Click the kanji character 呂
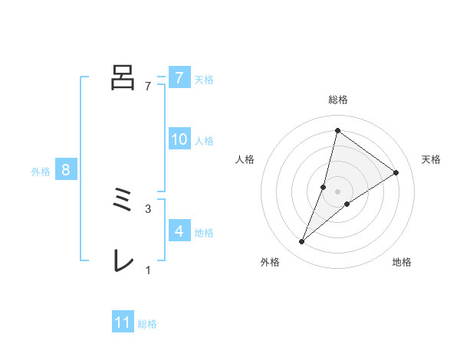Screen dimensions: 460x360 tap(123, 77)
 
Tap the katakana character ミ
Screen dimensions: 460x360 tap(123, 203)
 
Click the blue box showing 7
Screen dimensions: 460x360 tap(179, 77)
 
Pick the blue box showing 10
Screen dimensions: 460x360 tap(179, 139)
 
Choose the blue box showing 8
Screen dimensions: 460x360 tap(66, 170)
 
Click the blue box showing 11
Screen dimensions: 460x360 tap(123, 322)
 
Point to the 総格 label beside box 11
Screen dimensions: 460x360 tap(147, 324)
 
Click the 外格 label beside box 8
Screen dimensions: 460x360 tap(41, 172)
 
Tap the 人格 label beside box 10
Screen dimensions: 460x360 tap(204, 141)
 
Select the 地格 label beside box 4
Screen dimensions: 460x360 tap(204, 232)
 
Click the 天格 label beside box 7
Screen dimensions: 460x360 tap(204, 79)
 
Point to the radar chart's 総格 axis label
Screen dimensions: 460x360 tap(338, 100)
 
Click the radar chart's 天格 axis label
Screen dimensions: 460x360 tap(431, 159)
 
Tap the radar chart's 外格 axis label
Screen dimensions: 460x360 tap(270, 263)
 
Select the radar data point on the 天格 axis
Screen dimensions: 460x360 tap(396, 172)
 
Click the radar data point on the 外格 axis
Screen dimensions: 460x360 tap(302, 242)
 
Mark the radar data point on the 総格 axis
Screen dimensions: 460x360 tap(337, 130)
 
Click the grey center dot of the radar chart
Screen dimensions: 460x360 tap(338, 191)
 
